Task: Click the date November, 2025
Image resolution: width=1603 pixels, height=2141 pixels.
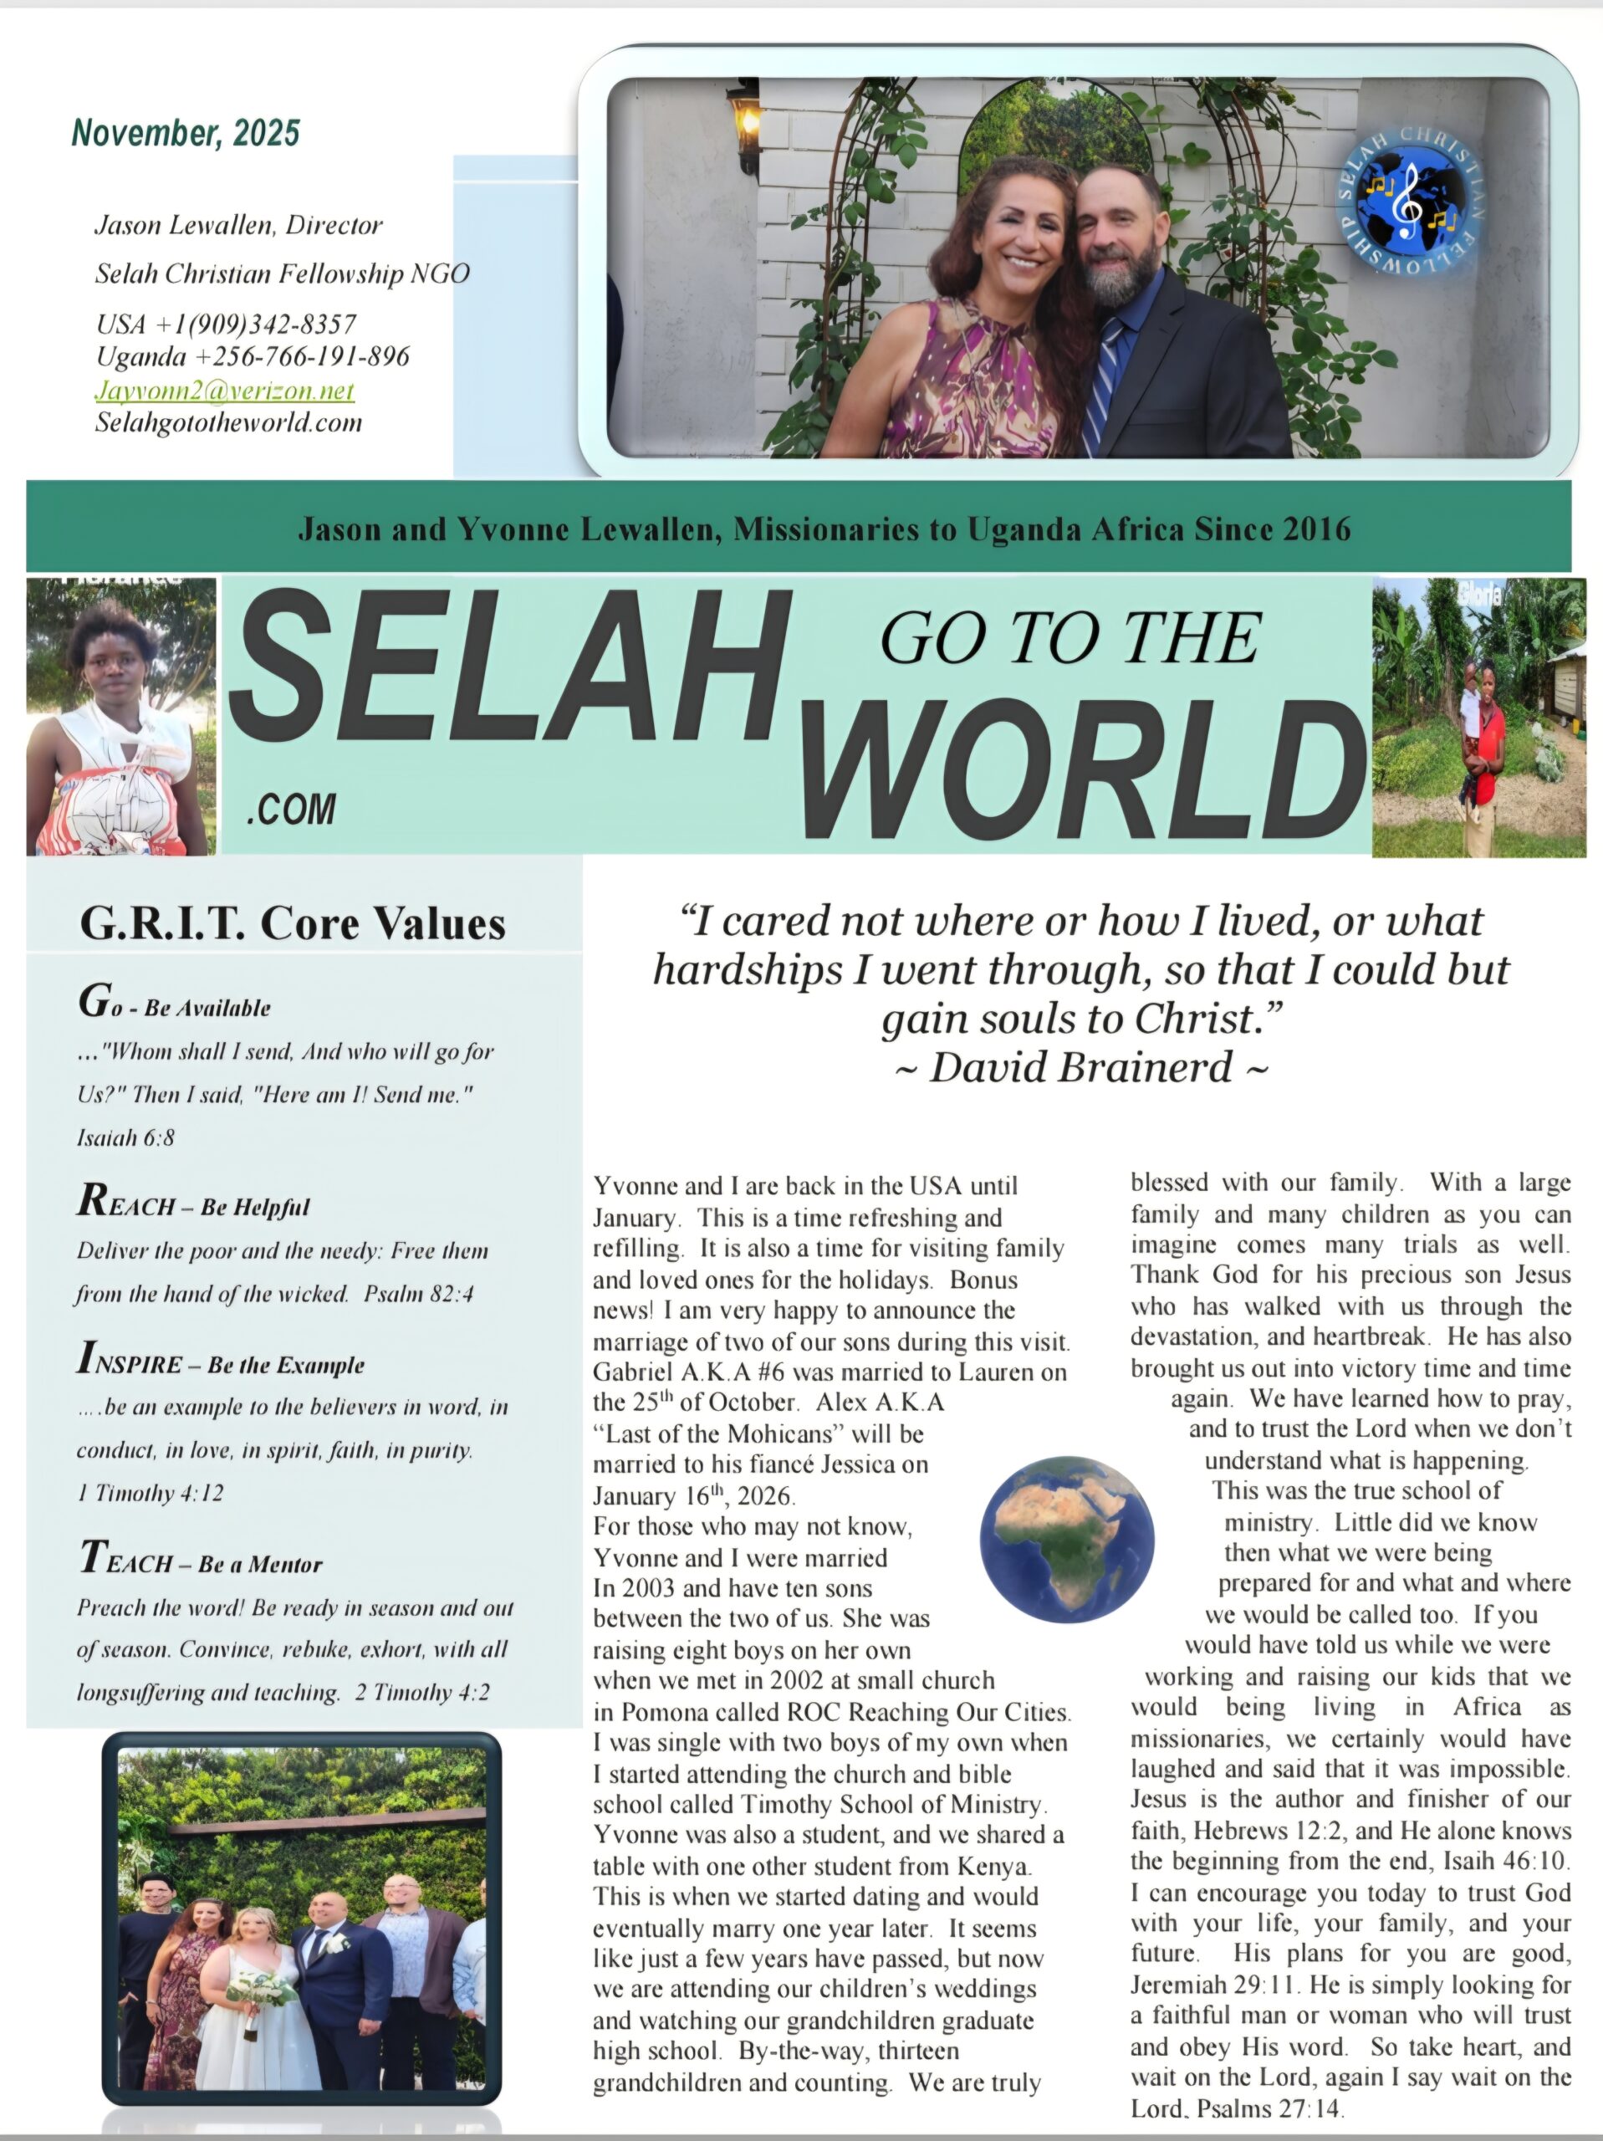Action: [x=186, y=133]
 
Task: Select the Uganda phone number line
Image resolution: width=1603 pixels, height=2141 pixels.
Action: [x=253, y=356]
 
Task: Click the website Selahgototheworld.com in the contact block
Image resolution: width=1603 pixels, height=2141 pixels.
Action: [x=228, y=422]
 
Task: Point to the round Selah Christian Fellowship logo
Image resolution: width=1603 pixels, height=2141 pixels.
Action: [x=1409, y=199]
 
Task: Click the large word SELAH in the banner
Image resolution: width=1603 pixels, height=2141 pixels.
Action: [x=508, y=668]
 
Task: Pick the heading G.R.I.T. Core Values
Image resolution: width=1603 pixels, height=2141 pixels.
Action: [x=293, y=922]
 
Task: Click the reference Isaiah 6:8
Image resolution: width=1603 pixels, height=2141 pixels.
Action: [x=125, y=1137]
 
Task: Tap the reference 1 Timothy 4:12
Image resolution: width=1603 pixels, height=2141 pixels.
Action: [x=150, y=1494]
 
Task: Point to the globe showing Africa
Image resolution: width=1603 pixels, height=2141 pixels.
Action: [x=1067, y=1540]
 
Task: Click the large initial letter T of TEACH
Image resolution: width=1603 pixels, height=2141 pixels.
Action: [x=92, y=1557]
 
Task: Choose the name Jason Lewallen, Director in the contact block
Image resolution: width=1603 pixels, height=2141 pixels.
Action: [x=238, y=226]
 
